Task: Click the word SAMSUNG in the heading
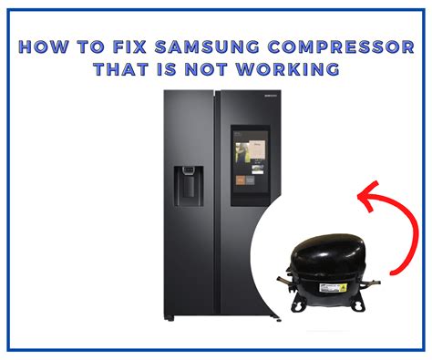[x=207, y=46]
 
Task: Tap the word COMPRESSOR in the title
[x=341, y=46]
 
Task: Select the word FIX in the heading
[x=129, y=46]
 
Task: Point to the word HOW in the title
[x=44, y=46]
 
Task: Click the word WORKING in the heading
[x=288, y=69]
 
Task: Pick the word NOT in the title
[x=206, y=69]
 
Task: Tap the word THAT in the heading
[x=120, y=69]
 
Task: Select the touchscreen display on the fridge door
[x=251, y=166]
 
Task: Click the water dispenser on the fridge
[x=189, y=186]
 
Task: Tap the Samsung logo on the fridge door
[x=271, y=96]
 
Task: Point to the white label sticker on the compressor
[x=333, y=288]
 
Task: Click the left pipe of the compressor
[x=284, y=281]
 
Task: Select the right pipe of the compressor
[x=371, y=283]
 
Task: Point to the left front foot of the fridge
[x=170, y=318]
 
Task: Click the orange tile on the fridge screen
[x=241, y=180]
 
